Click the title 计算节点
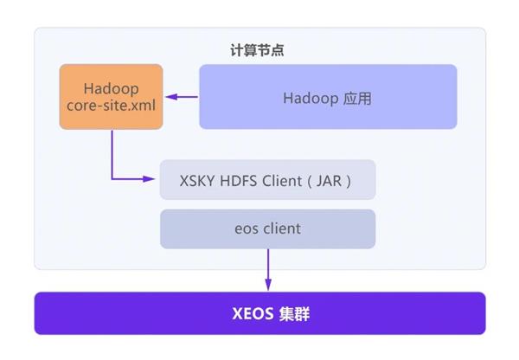pos(257,50)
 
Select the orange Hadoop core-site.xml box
pos(112,97)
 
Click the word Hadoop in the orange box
pos(112,89)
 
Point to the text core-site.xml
pos(112,106)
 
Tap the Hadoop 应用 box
pos(328,97)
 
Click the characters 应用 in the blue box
pos(357,99)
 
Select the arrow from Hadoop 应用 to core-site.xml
pos(182,97)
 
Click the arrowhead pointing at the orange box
pos(171,97)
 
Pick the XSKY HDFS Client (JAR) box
pos(267,179)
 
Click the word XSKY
pos(197,181)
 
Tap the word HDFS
pos(239,181)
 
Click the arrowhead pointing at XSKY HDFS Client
pos(149,179)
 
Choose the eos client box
pos(267,228)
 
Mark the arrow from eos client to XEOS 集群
pos(268,270)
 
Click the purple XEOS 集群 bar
pos(259,313)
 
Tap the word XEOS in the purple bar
pos(253,313)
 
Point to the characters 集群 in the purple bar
pos(294,313)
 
